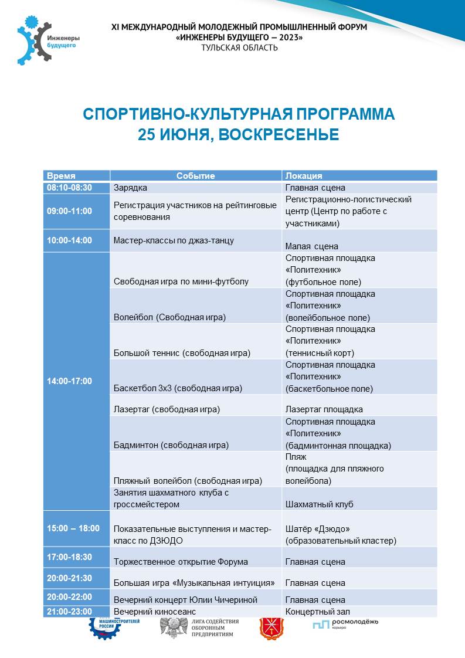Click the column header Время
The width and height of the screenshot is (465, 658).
tap(62, 175)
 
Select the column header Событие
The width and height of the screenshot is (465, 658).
tap(196, 175)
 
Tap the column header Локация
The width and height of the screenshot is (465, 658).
tap(304, 175)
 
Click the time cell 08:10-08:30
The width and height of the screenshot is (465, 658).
tap(69, 188)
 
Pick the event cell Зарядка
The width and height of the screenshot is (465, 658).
tap(130, 188)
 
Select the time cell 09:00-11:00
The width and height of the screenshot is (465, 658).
tap(69, 211)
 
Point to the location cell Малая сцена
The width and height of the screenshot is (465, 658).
tap(311, 246)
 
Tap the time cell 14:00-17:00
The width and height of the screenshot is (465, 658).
tap(69, 381)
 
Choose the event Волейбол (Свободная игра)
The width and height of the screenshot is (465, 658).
tap(170, 317)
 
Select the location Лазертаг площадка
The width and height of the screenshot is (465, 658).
tap(324, 409)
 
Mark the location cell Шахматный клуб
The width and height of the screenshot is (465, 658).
tap(319, 504)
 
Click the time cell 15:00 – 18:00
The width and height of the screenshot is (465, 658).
tap(73, 528)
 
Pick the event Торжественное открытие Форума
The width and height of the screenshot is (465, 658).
tap(181, 562)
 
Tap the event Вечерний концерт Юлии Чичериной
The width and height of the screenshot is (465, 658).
tap(185, 600)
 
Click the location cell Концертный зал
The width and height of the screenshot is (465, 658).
tap(317, 611)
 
